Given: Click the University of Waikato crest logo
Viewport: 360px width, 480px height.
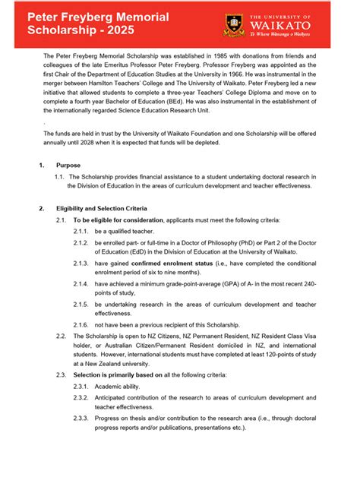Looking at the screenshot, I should click(233, 26).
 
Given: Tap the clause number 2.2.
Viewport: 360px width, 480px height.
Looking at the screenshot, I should click(62, 334).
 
